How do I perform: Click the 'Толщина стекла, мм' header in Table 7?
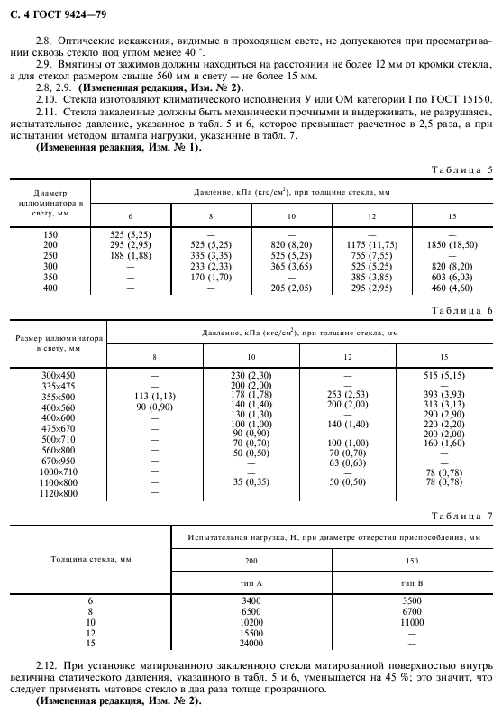coord(89,560)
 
